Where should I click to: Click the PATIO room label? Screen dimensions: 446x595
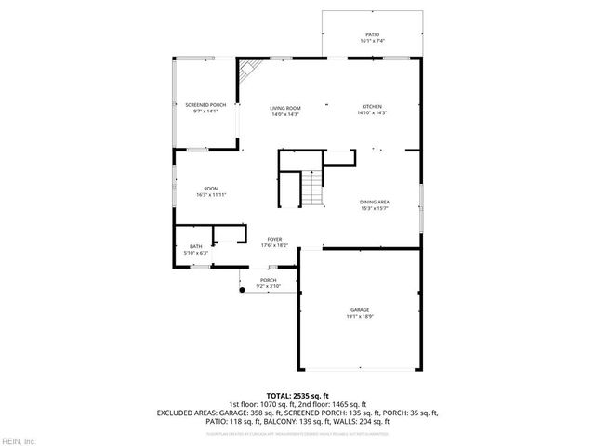[x=372, y=34]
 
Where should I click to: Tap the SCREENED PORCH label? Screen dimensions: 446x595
[x=205, y=105]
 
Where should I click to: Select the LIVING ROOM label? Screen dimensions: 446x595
[x=284, y=107]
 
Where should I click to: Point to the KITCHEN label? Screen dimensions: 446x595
[x=371, y=107]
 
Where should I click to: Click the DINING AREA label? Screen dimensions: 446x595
[x=374, y=202]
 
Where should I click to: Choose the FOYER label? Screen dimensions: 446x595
[x=275, y=239]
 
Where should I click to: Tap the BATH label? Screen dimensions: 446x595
[x=196, y=246]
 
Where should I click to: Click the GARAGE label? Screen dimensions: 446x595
[x=360, y=310]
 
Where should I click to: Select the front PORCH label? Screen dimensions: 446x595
[x=268, y=280]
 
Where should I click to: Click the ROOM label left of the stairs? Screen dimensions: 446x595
[x=211, y=189]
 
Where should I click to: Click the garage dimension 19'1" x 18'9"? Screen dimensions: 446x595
[x=360, y=317]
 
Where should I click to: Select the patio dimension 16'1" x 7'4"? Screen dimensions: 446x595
[x=372, y=41]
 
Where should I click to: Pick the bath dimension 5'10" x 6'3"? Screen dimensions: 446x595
[x=196, y=253]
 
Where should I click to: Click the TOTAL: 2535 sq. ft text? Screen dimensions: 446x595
[x=297, y=395]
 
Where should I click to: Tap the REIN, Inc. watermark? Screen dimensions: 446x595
[x=19, y=439]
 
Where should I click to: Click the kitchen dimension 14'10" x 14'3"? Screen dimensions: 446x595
[x=371, y=113]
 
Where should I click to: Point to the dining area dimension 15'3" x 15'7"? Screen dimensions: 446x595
[x=374, y=208]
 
